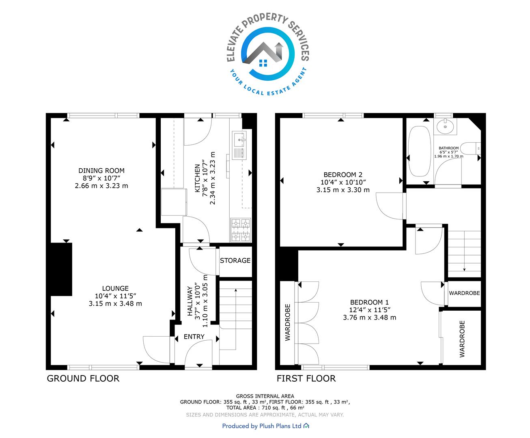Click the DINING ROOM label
(101, 171)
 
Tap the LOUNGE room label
(115, 288)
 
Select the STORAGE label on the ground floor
(235, 260)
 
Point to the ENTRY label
(194, 337)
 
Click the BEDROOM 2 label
(343, 175)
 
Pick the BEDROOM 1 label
(369, 302)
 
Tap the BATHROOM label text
(448, 148)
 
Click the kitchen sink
(239, 146)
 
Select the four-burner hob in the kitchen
(241, 230)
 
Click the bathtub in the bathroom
(419, 151)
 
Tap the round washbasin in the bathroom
(445, 126)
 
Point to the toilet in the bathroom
(470, 148)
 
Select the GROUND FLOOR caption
(83, 378)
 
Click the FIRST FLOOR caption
(306, 378)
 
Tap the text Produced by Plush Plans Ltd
(262, 426)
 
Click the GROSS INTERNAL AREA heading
(265, 396)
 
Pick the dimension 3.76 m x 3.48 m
(369, 317)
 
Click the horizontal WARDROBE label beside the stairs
(464, 293)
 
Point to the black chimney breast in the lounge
(61, 269)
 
